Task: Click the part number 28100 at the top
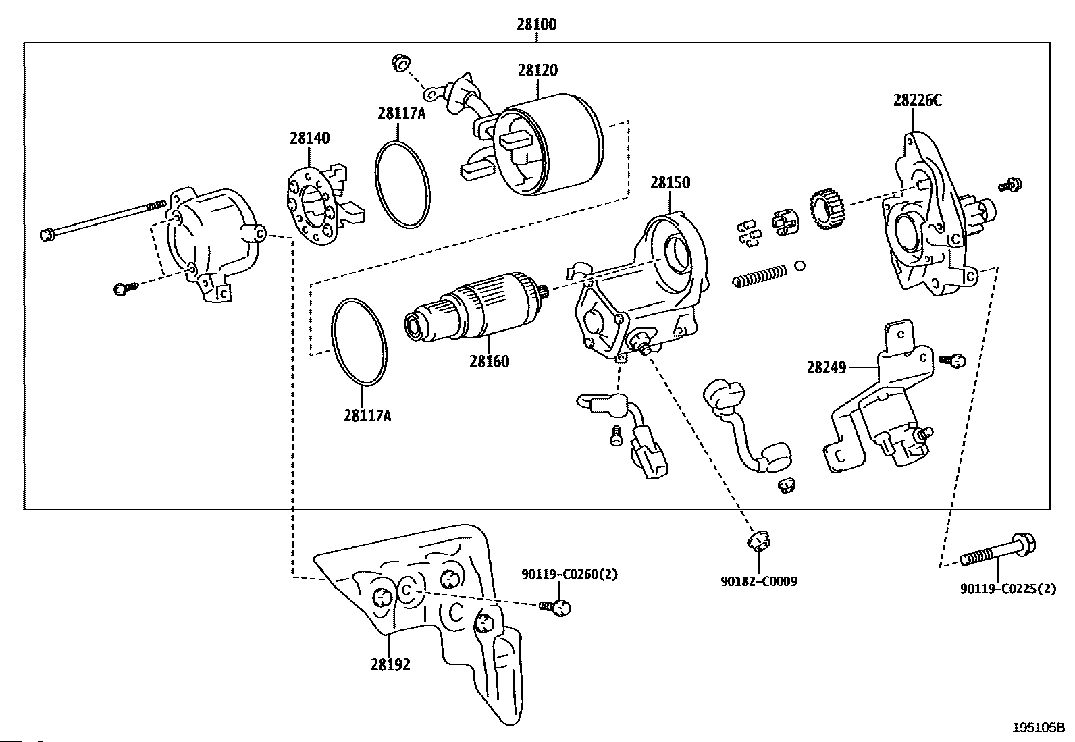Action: pos(537,24)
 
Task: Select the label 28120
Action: pos(537,70)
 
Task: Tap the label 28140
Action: pos(309,138)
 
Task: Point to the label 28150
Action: pos(670,182)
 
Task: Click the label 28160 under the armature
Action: pos(489,361)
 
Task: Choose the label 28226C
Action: pos(917,101)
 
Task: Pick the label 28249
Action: pos(827,368)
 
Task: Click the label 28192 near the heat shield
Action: pos(390,665)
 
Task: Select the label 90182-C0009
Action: pos(759,582)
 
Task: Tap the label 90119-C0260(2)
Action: pos(570,574)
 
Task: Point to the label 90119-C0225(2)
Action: pos(1007,589)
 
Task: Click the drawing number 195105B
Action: pos(1038,728)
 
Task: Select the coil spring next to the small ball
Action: pos(760,277)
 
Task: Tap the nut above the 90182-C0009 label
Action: pos(758,541)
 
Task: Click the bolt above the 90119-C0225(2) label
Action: pos(998,551)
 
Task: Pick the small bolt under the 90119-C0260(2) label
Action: pos(555,608)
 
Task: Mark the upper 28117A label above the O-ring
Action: pos(401,113)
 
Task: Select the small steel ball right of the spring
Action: pos(800,265)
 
